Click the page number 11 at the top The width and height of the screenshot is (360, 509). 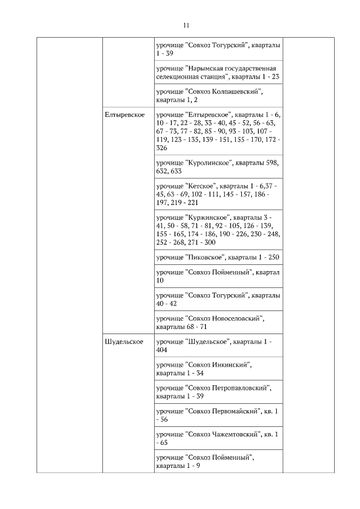pos(186,25)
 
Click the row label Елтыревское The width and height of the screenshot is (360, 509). pos(124,115)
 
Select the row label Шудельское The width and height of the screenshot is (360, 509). pos(123,341)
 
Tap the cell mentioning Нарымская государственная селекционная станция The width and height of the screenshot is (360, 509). pos(218,72)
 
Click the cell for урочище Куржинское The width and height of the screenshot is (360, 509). pos(218,229)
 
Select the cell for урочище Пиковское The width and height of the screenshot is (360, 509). pos(218,257)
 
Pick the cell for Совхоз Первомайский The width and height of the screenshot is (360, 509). pos(217,415)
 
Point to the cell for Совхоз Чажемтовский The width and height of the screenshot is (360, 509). pos(217,438)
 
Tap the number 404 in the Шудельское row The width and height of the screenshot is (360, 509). pos(162,349)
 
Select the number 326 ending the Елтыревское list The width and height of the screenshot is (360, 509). pos(162,147)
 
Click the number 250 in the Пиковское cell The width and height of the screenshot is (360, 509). pos(272,257)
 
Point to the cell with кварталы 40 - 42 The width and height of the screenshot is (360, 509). pos(218,299)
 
